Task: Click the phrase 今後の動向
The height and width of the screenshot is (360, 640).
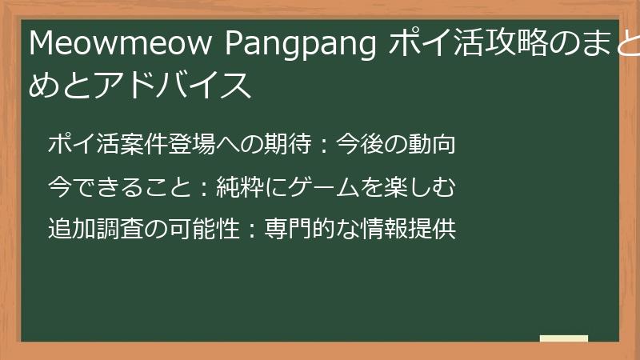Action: (396, 145)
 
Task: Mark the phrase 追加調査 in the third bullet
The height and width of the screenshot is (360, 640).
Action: (95, 230)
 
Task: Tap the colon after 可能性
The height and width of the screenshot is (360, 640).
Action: (251, 230)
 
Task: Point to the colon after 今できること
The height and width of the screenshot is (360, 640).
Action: (203, 188)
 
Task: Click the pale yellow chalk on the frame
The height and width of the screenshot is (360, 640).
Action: (564, 338)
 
